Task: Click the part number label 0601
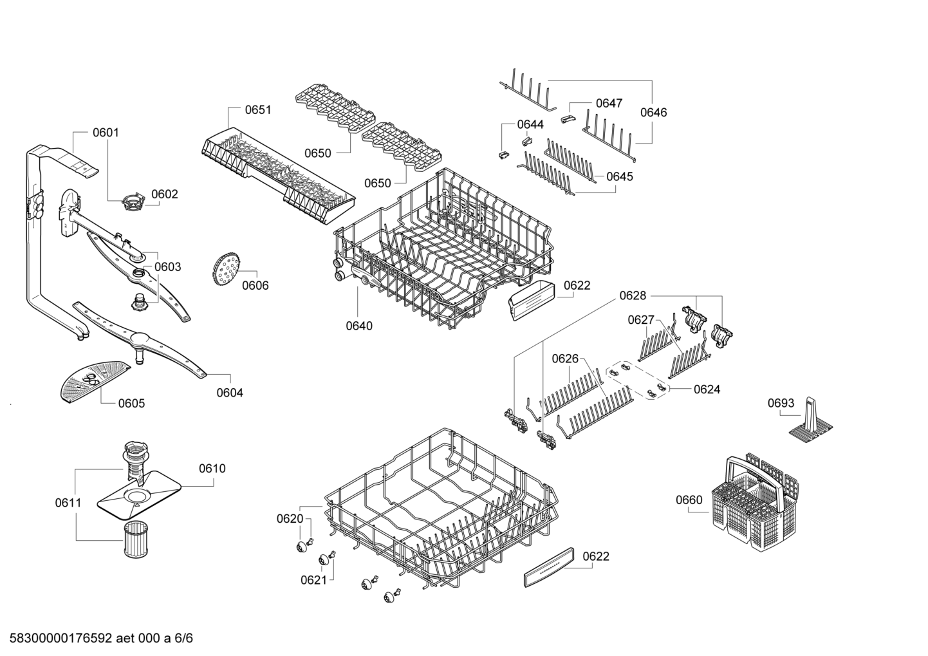pyautogui.click(x=106, y=133)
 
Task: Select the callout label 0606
pyautogui.click(x=255, y=286)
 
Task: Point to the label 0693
pyautogui.click(x=781, y=404)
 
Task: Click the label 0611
pyautogui.click(x=68, y=502)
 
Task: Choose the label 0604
pyautogui.click(x=230, y=393)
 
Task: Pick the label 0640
pyautogui.click(x=359, y=326)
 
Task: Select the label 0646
pyautogui.click(x=653, y=113)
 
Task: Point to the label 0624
pyautogui.click(x=707, y=389)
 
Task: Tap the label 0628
pyautogui.click(x=633, y=295)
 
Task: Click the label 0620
pyautogui.click(x=290, y=518)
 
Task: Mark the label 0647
pyautogui.click(x=609, y=103)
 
